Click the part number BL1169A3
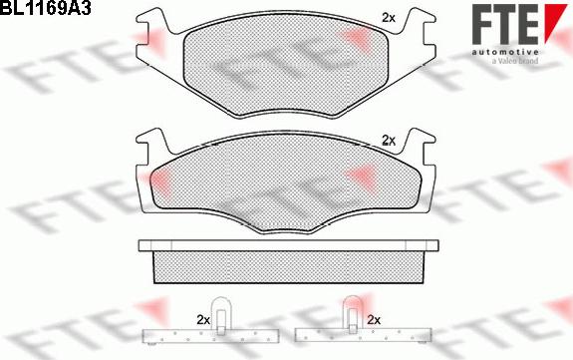[x=45, y=8]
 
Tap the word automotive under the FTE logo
[x=504, y=52]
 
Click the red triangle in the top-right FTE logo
[x=556, y=22]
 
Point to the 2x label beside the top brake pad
[x=388, y=18]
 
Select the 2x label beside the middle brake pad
[x=388, y=141]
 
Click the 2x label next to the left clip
[x=203, y=320]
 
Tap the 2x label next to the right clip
[x=374, y=320]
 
